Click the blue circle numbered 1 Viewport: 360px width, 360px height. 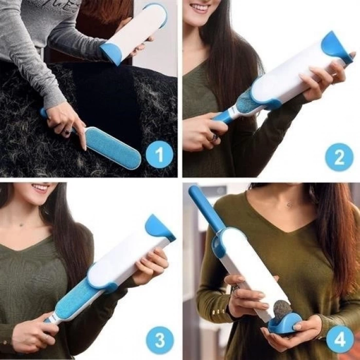pos(159,154)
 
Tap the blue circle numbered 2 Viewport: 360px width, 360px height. pos(339,157)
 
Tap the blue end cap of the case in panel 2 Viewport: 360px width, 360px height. pos(336,48)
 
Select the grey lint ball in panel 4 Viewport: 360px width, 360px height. pos(282,310)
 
